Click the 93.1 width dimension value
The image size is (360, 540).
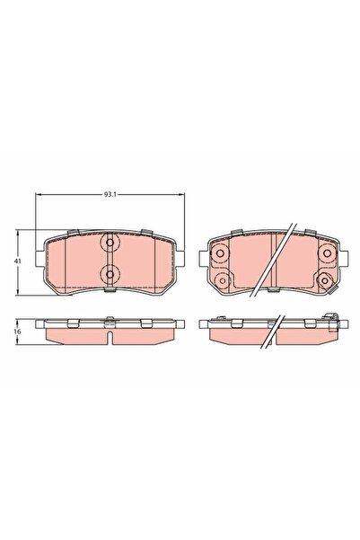pyautogui.click(x=110, y=193)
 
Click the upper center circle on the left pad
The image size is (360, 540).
pyautogui.click(x=109, y=244)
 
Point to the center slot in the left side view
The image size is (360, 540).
pyautogui.click(x=109, y=339)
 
